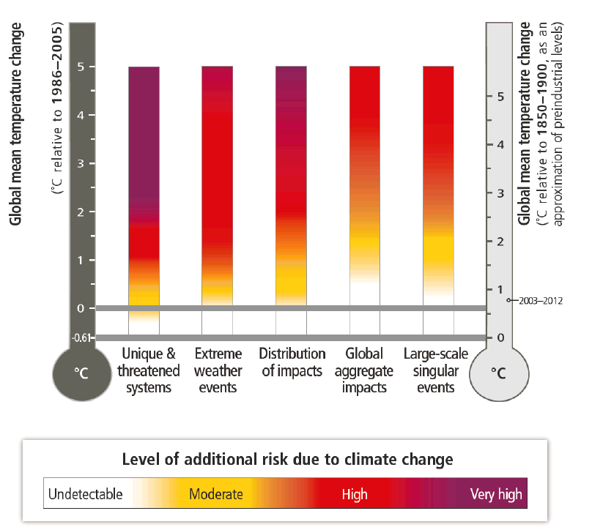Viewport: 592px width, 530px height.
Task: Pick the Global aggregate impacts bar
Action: [x=364, y=183]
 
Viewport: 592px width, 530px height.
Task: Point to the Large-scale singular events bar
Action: [x=438, y=183]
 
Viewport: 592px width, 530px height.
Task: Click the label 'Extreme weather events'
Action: [x=218, y=370]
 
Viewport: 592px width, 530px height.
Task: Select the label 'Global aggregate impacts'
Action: [x=364, y=370]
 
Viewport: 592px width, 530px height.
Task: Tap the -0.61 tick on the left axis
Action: [x=83, y=337]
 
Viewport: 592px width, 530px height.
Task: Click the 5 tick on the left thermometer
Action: [x=82, y=67]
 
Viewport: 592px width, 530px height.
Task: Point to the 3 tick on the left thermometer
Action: [x=82, y=164]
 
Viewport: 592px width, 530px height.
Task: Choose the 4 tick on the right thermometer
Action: [x=500, y=144]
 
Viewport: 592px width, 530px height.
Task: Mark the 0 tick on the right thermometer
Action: [x=500, y=337]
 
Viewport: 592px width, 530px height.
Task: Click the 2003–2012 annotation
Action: [x=538, y=300]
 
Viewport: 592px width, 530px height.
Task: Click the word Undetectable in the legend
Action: [x=85, y=495]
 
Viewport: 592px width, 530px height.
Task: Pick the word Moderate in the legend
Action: [x=215, y=495]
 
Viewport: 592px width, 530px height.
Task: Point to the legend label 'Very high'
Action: [x=496, y=495]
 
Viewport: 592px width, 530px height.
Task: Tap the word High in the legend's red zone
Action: [x=355, y=495]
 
